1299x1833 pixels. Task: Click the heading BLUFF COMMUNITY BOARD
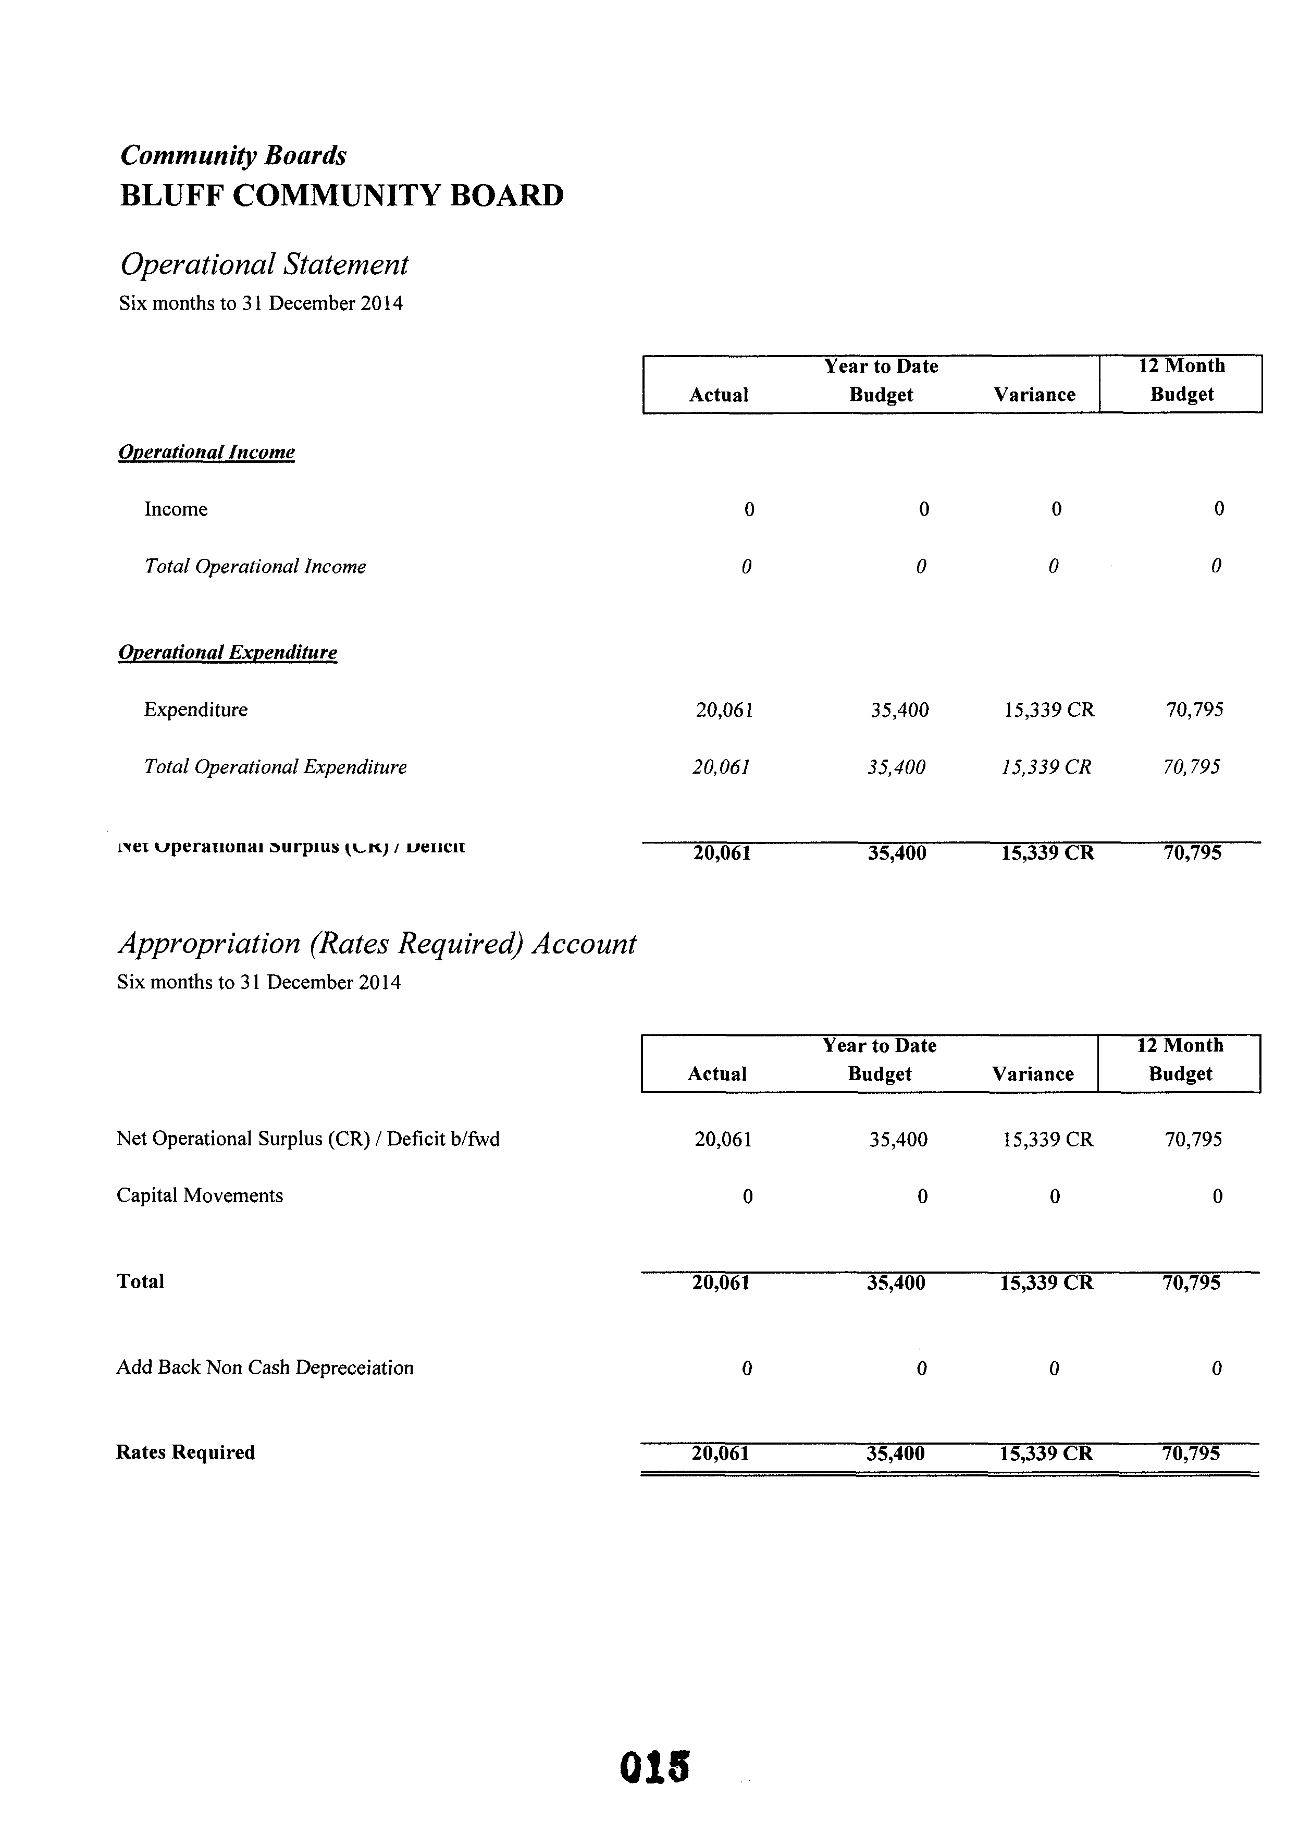pyautogui.click(x=341, y=195)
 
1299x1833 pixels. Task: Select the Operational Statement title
pyautogui.click(x=264, y=264)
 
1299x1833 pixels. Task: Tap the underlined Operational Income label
pyautogui.click(x=206, y=452)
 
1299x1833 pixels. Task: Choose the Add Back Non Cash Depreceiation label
pyautogui.click(x=265, y=1367)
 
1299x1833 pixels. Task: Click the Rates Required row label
pyautogui.click(x=185, y=1452)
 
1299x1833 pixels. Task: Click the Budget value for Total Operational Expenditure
pyautogui.click(x=897, y=767)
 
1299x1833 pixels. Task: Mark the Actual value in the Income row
pyautogui.click(x=749, y=509)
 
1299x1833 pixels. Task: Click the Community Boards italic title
pyautogui.click(x=233, y=155)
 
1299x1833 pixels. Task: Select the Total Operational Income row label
pyautogui.click(x=254, y=567)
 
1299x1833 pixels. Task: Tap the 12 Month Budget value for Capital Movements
pyautogui.click(x=1217, y=1196)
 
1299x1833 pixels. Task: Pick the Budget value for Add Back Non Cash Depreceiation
pyautogui.click(x=921, y=1368)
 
